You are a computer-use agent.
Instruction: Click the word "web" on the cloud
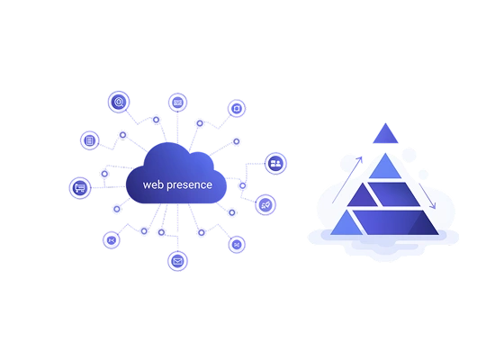153,184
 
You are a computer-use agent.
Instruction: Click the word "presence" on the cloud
189,185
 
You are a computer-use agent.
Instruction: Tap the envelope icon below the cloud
177,261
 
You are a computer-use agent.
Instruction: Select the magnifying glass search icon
119,102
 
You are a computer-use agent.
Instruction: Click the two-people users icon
275,163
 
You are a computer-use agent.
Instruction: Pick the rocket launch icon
265,205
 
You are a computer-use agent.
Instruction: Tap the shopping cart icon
80,188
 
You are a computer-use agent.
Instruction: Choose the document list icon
90,140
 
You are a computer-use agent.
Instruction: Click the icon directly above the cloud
178,103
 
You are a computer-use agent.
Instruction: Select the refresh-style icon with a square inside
237,108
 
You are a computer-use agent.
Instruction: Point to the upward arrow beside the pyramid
347,180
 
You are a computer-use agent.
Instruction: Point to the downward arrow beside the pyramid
427,196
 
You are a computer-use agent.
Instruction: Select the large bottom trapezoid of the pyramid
395,222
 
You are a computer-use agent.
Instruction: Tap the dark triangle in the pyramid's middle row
362,197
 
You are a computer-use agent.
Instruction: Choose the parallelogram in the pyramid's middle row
394,194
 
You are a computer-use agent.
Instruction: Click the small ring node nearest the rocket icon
243,185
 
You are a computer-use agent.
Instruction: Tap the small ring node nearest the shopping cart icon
104,174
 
